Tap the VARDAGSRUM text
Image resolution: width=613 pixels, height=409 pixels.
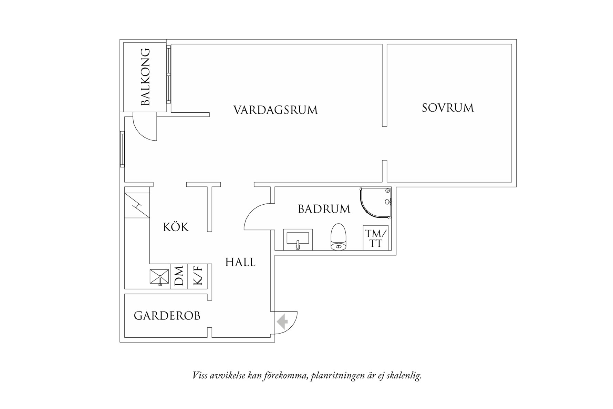pos(275,110)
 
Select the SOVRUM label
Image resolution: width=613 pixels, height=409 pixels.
pos(448,108)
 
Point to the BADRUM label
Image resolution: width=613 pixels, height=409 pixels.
pos(324,209)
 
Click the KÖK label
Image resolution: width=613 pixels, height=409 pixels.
pos(176,227)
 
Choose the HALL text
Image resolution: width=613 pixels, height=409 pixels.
pos(240,263)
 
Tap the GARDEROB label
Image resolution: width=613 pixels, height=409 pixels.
pos(167,316)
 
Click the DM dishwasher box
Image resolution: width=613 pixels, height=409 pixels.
pos(179,276)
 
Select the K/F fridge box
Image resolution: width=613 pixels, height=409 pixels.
pos(197,276)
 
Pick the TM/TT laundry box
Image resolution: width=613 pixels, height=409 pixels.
pos(376,238)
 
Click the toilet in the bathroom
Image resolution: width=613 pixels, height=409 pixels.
pos(338,237)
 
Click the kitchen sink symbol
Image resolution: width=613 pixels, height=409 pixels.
pos(159,277)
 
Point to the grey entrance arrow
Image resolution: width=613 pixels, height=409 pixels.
pos(283,321)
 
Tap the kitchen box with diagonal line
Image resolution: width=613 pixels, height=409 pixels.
pos(137,205)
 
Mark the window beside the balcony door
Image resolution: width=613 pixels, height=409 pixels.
pos(122,149)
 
